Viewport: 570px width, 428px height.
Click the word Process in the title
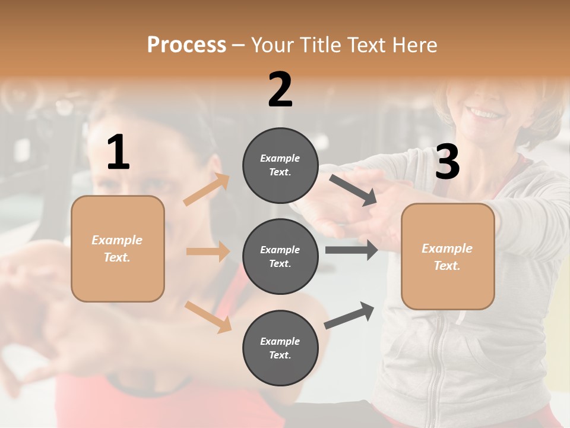pos(186,45)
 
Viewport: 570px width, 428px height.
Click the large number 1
pos(118,153)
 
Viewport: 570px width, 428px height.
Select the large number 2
pos(280,90)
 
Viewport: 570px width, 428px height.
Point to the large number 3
pos(447,162)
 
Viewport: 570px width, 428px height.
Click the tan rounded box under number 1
pos(118,248)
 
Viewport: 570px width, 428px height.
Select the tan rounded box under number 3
pos(448,256)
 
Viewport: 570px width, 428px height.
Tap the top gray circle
pos(280,165)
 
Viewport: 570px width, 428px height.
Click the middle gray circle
pos(280,256)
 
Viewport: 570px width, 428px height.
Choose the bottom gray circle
pos(280,348)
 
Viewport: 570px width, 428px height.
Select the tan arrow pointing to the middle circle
pos(208,251)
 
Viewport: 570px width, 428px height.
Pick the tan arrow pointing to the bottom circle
pos(208,316)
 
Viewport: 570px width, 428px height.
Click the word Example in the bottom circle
pos(280,341)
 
